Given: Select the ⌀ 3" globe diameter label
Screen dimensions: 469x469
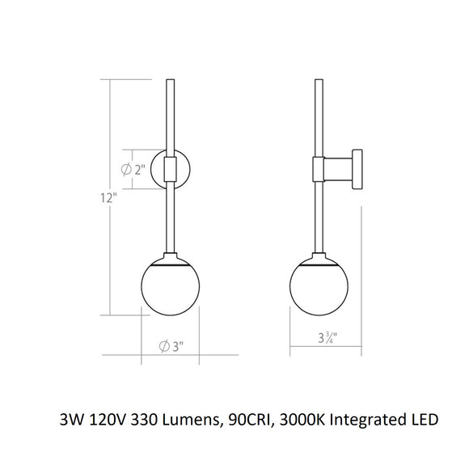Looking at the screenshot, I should point(167,346).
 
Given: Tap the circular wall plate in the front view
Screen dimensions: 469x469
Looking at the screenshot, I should point(183,169).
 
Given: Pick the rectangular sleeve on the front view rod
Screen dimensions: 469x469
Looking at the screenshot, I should point(170,169).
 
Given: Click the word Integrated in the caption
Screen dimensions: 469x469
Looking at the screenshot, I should point(374,421).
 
